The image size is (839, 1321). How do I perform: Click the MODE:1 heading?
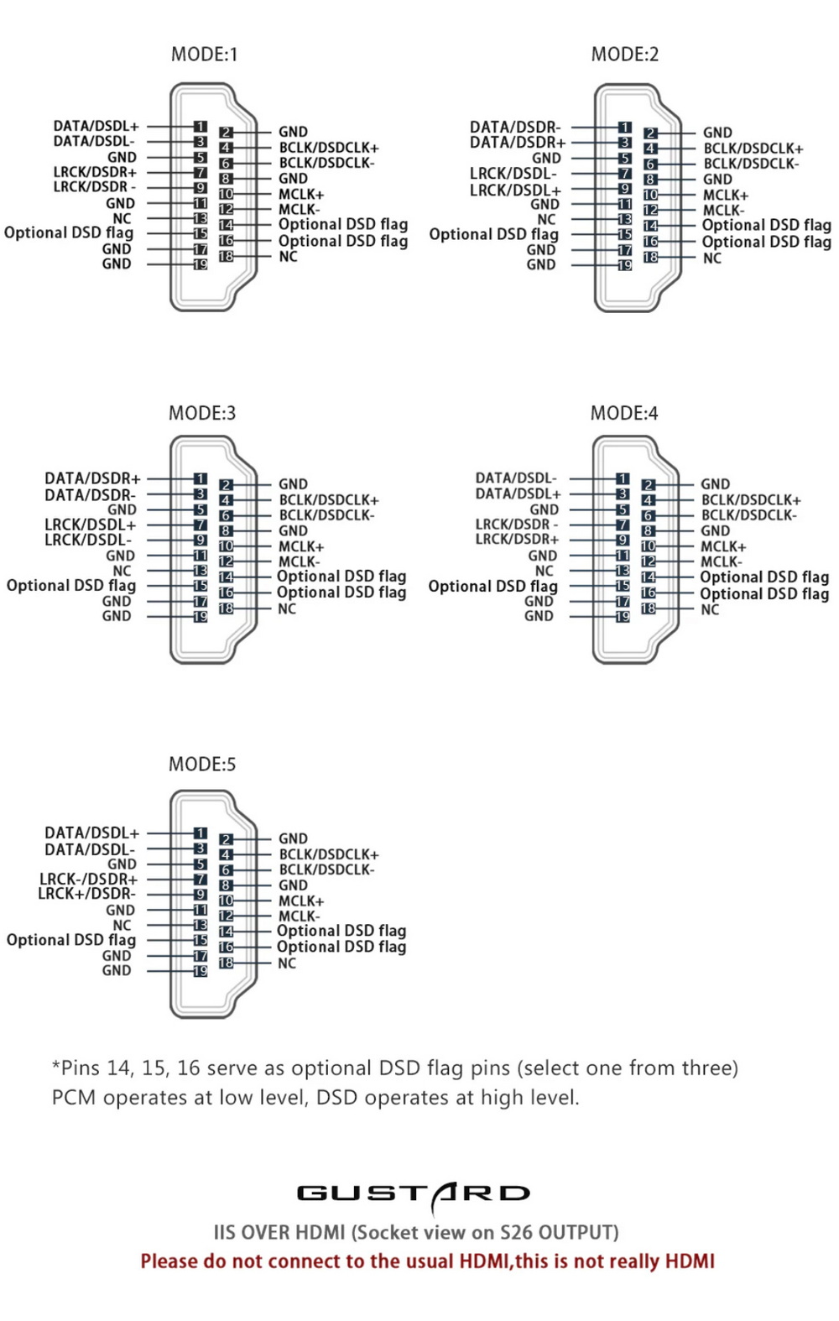[204, 55]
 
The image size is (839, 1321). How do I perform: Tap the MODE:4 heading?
[623, 413]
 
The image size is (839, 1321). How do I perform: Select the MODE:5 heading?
[202, 765]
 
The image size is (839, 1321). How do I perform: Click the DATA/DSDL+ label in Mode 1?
[96, 126]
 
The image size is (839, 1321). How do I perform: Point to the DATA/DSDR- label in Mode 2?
[515, 127]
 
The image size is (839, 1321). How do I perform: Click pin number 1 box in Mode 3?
[201, 479]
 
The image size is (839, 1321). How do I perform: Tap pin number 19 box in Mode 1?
[201, 264]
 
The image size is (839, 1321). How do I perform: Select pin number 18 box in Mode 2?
[650, 258]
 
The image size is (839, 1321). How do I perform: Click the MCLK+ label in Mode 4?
[723, 546]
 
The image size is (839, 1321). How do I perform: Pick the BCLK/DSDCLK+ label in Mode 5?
[328, 854]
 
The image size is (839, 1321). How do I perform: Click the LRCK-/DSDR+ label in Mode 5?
[88, 879]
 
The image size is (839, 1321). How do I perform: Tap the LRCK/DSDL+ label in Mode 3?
[90, 525]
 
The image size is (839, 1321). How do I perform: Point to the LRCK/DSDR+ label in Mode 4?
[517, 540]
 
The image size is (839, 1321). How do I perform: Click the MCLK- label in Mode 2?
[723, 211]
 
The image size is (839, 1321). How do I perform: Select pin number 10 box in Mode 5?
[226, 901]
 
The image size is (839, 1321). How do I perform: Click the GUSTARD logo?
[414, 1193]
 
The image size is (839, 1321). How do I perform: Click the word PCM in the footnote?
[74, 1098]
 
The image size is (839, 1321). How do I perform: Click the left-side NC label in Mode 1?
[122, 218]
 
